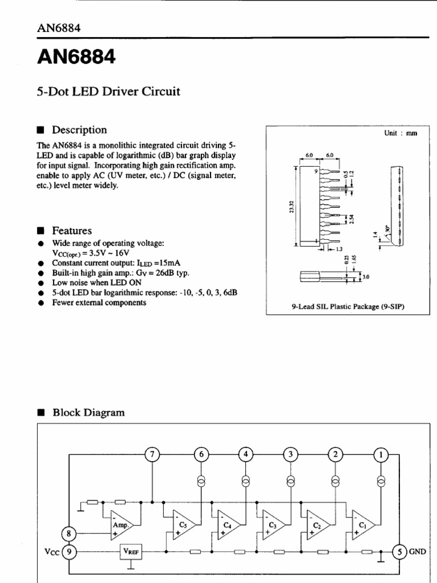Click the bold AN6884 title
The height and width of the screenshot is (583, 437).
coord(76,57)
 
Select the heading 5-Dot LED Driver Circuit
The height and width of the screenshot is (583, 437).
coord(108,91)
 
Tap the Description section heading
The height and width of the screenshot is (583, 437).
coord(79,130)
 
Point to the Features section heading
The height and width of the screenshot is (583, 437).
coord(72,231)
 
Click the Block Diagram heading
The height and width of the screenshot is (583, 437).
coord(88,413)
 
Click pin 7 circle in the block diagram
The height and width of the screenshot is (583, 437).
coord(152,454)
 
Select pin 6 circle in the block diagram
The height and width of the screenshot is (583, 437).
coord(200,454)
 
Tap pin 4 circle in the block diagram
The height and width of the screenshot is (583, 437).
coord(246,454)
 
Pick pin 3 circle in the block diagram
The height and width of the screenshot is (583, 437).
coord(290,454)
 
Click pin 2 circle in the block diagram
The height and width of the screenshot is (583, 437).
coord(336,454)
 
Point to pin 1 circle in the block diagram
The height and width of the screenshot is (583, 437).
coord(381,454)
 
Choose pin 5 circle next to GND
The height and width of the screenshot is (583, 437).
coord(401,552)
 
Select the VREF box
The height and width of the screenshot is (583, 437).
coord(131,552)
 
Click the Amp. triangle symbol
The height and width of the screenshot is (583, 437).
coord(121,525)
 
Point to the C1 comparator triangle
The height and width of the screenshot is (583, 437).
coord(362,525)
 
